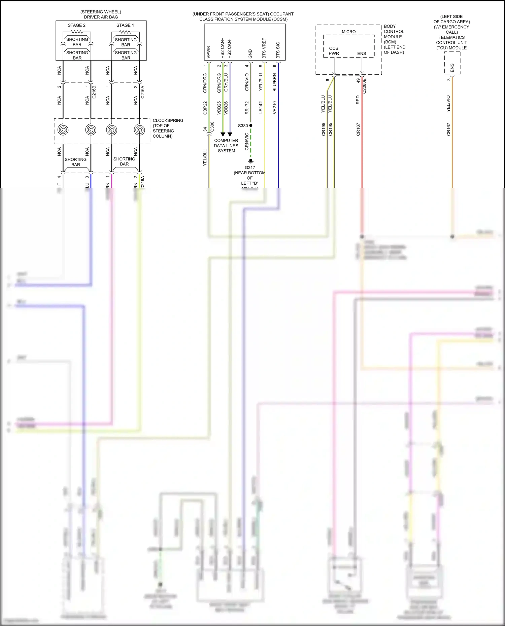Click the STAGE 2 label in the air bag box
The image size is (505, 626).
(x=76, y=25)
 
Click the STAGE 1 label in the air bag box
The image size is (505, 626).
(x=125, y=25)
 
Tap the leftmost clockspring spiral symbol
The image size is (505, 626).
(x=63, y=130)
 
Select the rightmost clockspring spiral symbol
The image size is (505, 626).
(x=139, y=130)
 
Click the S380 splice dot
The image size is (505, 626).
(x=251, y=125)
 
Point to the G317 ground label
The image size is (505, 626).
(x=250, y=168)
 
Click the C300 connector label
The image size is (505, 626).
(x=212, y=127)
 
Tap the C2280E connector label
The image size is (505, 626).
(x=365, y=86)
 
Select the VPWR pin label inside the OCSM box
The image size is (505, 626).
(x=208, y=52)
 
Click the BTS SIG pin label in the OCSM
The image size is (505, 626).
(x=278, y=50)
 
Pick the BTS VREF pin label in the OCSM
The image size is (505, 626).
(x=264, y=48)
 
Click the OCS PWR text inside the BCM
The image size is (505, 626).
(x=334, y=51)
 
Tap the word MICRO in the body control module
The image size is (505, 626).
(x=348, y=32)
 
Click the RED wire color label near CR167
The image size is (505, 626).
(x=358, y=100)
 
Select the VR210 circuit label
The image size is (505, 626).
(x=274, y=108)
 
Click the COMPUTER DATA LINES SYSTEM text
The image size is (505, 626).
(x=226, y=146)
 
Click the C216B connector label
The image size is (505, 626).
(x=94, y=92)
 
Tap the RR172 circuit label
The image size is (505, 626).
(x=247, y=108)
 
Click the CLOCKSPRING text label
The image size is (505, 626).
(x=168, y=120)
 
